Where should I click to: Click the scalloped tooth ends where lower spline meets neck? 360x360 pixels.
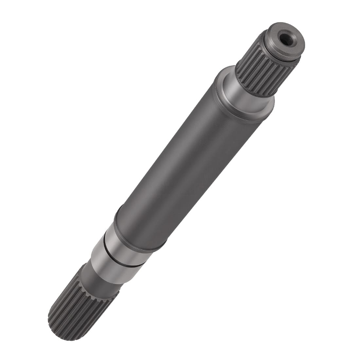tap(95, 288)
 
